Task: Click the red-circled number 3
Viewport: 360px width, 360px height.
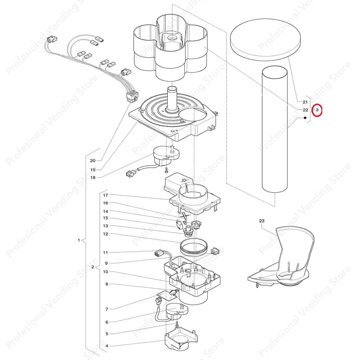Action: point(317,110)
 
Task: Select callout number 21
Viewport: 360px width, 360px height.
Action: point(305,102)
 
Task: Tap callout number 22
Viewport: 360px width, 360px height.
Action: point(305,110)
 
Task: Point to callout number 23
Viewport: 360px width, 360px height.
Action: point(262,221)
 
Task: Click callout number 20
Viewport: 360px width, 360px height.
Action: point(93,161)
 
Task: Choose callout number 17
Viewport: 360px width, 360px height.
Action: point(105,195)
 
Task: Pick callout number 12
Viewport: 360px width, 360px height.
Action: point(105,234)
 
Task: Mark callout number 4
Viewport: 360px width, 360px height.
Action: point(107,346)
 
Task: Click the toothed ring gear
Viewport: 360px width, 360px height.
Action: point(194,247)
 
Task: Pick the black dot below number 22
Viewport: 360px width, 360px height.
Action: point(305,118)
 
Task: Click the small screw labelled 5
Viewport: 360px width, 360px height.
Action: point(177,325)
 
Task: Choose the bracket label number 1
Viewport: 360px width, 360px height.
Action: point(79,240)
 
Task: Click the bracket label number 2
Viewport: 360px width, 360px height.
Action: point(93,267)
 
